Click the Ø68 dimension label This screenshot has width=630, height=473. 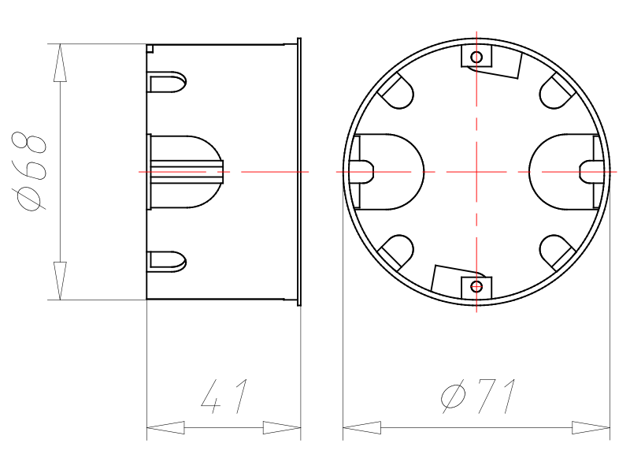click(x=29, y=171)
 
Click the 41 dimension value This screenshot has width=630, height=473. click(x=224, y=397)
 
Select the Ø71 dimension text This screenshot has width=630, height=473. click(x=478, y=397)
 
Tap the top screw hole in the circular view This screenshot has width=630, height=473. click(x=476, y=57)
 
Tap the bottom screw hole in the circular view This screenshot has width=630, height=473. click(x=476, y=287)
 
